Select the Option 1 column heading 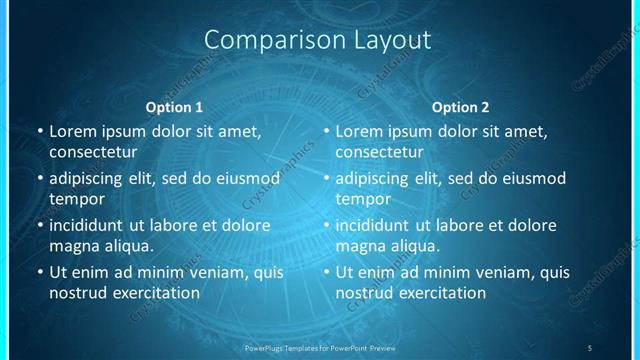tap(174, 107)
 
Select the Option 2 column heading tap(460, 107)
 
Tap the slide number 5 tap(590, 347)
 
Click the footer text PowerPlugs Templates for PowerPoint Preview tap(320, 347)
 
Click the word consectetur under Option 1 tap(93, 152)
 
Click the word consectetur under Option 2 tap(379, 152)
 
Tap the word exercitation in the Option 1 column tap(155, 293)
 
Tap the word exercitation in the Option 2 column tap(441, 293)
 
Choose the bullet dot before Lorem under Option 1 tap(39, 131)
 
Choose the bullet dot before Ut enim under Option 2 tap(325, 272)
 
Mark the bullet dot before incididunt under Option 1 tap(39, 226)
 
